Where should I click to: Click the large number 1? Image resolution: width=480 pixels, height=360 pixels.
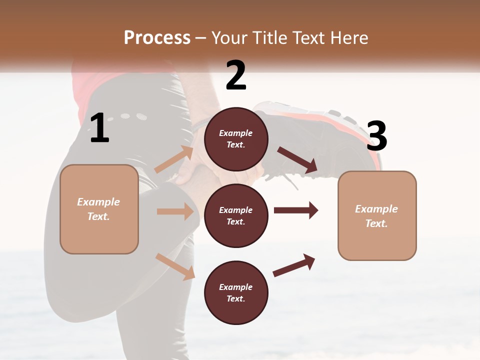99,128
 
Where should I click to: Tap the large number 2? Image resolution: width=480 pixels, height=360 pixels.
236,75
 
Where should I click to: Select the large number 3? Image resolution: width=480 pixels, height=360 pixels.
376,136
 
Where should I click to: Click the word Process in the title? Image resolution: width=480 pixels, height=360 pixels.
157,37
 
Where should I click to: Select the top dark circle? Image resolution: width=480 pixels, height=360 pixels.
236,138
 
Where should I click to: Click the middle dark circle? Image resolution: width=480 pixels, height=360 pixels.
236,215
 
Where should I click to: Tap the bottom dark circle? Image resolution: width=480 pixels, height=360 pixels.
236,292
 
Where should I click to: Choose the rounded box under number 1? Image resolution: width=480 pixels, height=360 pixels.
99,209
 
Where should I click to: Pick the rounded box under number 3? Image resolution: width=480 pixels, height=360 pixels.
377,216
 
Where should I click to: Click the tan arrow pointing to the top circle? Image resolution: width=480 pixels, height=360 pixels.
174,159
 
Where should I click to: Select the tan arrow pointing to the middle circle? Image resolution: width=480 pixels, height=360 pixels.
175,211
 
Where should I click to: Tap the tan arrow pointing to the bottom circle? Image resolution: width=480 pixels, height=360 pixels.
175,266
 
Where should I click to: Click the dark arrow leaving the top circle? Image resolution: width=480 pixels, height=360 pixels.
297,160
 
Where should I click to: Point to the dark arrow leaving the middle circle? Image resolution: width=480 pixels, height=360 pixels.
296,210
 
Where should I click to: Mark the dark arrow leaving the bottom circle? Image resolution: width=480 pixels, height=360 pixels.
294,265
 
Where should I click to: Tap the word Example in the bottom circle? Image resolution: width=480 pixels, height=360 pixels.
236,287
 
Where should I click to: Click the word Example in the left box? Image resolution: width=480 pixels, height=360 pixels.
98,202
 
